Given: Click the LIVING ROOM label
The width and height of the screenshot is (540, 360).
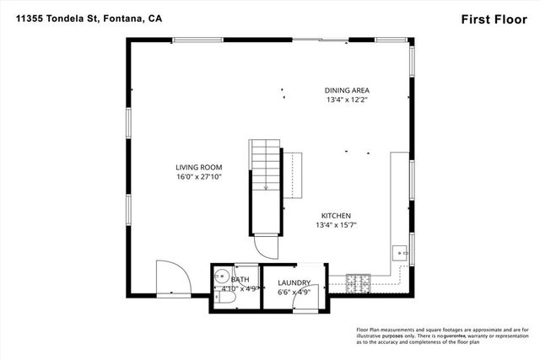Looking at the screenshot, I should [x=198, y=167].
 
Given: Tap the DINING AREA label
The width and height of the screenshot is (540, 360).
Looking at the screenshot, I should [x=348, y=90].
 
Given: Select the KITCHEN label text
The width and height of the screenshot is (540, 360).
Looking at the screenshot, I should [x=336, y=215].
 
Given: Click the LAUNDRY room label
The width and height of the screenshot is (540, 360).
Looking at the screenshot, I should [x=294, y=282].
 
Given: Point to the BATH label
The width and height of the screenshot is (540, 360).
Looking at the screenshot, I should [x=239, y=279].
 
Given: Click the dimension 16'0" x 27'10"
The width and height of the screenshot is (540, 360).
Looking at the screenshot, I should [x=198, y=177].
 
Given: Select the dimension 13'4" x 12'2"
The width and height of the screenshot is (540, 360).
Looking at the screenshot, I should [x=348, y=99].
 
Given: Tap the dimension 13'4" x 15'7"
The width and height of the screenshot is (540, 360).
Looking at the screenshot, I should [x=336, y=225].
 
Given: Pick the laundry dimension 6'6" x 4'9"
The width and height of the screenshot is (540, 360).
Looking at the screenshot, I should [x=294, y=292].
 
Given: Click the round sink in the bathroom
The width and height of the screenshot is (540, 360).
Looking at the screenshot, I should [x=221, y=275].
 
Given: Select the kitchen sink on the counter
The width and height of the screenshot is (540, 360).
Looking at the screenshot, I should [x=400, y=252].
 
